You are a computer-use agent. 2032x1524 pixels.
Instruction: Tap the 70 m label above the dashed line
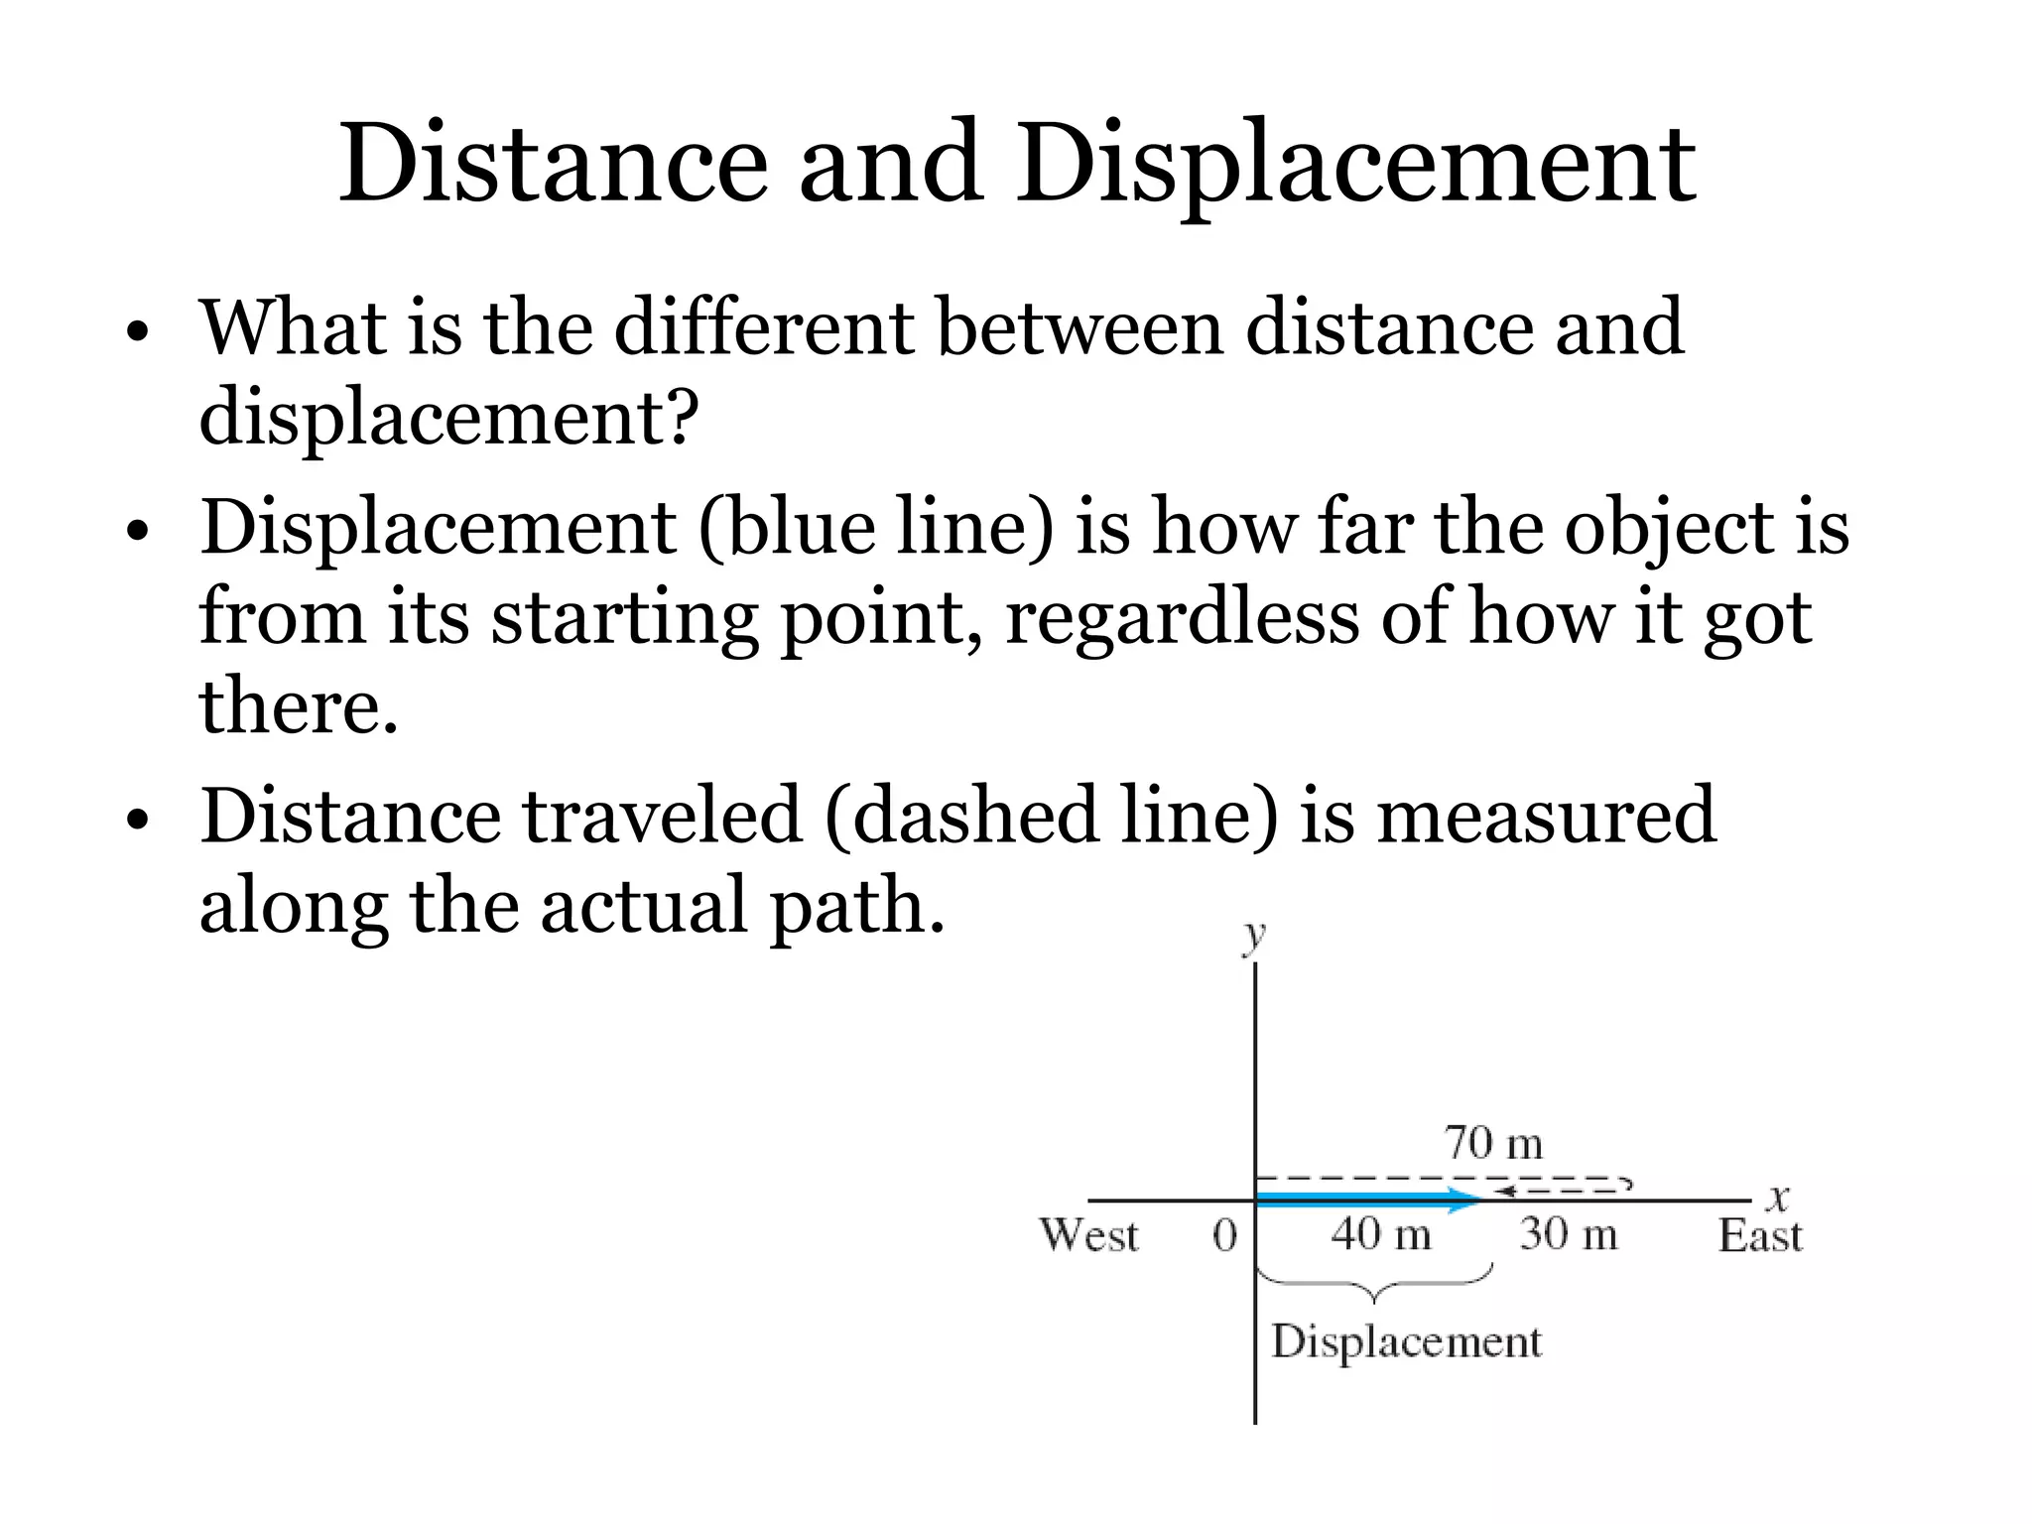tap(1493, 1143)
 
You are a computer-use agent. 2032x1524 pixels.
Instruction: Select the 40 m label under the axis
tap(1381, 1235)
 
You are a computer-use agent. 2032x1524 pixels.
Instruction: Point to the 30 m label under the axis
tap(1568, 1235)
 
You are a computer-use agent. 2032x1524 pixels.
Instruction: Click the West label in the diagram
tap(1088, 1236)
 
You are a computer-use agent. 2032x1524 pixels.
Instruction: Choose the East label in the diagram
tap(1759, 1236)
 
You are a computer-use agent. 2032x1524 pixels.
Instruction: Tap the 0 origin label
tap(1225, 1236)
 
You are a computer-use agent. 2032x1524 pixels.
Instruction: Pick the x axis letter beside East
tap(1777, 1198)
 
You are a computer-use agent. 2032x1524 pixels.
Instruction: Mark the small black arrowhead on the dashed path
tap(1504, 1190)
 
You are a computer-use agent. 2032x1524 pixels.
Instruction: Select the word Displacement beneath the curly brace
tap(1406, 1342)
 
